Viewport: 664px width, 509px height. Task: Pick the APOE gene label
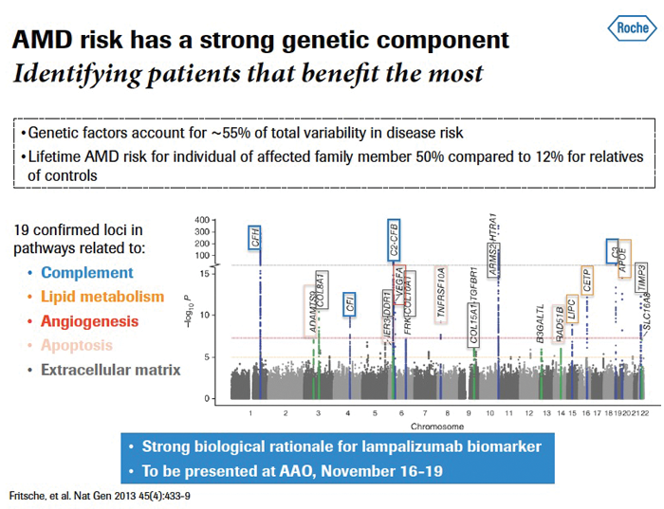click(x=623, y=257)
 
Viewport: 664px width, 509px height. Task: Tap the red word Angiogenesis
click(x=90, y=321)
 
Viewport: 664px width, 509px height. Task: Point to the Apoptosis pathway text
click(x=77, y=346)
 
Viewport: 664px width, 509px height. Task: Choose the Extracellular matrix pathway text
click(x=111, y=370)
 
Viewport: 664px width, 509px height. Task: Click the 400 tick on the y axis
click(x=225, y=221)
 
